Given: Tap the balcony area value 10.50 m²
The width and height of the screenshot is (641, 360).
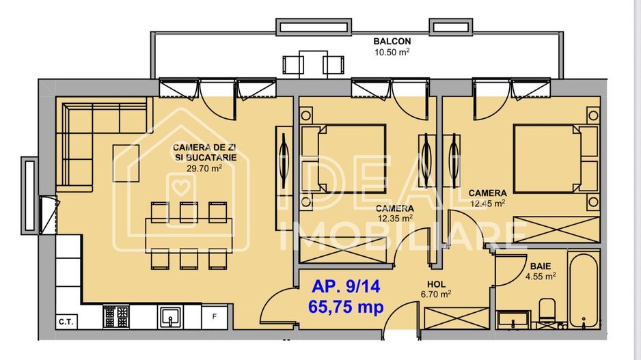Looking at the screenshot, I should pos(392,51).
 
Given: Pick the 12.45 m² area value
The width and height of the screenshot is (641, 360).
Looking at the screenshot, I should pos(487,203).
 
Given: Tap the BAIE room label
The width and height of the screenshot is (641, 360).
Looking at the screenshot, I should pos(537,266).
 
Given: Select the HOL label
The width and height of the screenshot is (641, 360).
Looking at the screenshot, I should pos(435,284).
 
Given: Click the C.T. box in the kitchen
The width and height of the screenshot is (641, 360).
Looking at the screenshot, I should pos(66,321).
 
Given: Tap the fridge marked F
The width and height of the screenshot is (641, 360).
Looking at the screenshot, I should pos(215,316).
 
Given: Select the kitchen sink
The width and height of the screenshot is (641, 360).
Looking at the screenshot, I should pos(170,316).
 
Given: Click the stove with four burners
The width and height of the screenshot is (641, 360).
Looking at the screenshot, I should pos(116,316).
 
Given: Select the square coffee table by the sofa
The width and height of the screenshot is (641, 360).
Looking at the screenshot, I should pos(130,163).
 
